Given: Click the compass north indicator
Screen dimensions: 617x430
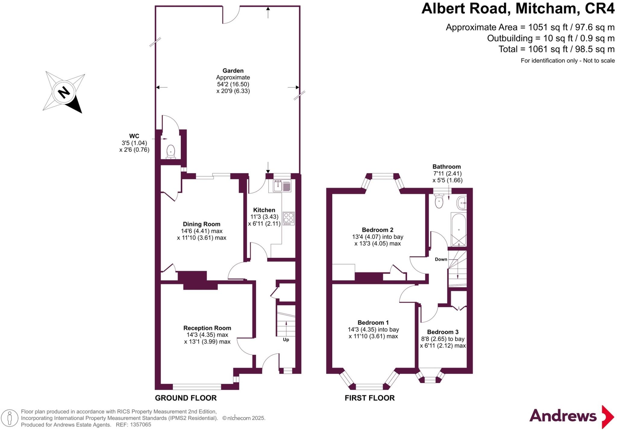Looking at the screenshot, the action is (x=64, y=92).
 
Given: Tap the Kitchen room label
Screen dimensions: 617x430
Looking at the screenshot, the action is (x=264, y=210).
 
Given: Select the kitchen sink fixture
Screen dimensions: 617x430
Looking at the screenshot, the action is (x=282, y=186).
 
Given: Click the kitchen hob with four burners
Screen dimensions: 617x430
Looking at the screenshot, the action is (x=289, y=219).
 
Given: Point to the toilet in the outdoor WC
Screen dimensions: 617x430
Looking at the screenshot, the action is (x=171, y=152).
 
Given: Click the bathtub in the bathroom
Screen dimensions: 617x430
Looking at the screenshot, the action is (x=459, y=229).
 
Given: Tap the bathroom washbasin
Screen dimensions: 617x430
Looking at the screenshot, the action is (x=462, y=203).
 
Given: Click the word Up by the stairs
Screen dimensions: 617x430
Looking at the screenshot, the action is (x=286, y=340).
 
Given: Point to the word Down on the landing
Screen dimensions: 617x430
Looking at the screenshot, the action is (x=441, y=259).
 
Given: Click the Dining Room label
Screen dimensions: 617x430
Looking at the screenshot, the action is (x=202, y=224).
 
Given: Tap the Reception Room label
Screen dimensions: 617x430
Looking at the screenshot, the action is (x=207, y=328).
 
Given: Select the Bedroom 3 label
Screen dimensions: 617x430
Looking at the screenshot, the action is (x=443, y=332).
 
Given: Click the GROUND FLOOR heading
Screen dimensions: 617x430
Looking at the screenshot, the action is (x=186, y=398).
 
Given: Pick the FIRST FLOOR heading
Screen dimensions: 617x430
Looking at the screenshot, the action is (x=370, y=398).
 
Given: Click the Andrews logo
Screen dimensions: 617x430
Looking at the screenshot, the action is (x=572, y=416).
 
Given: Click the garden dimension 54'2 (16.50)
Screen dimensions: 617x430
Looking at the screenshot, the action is (x=233, y=84).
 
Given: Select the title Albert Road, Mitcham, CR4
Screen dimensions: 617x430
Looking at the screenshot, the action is (x=518, y=8).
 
